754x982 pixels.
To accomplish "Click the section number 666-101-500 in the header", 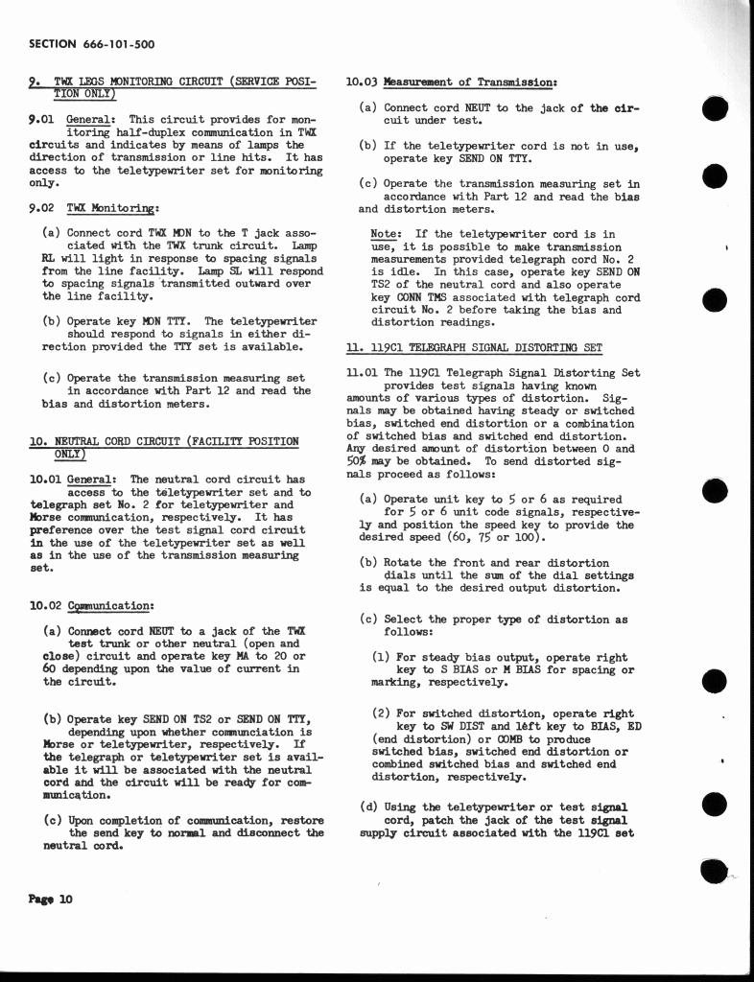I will (x=120, y=45).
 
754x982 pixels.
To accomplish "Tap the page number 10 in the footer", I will (x=65, y=899).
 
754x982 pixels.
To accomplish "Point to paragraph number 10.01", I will (x=45, y=479).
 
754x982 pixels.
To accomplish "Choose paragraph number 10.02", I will (x=45, y=606).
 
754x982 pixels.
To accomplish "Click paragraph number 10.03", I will (x=361, y=82).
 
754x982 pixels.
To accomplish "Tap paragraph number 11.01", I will (x=361, y=372).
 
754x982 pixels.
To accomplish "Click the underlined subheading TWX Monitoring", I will (x=112, y=207).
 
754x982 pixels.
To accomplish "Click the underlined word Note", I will (x=386, y=234).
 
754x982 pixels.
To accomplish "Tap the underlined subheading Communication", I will (x=110, y=606).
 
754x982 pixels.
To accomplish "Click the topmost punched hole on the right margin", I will (x=715, y=110).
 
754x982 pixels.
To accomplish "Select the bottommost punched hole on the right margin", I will (x=713, y=870).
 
